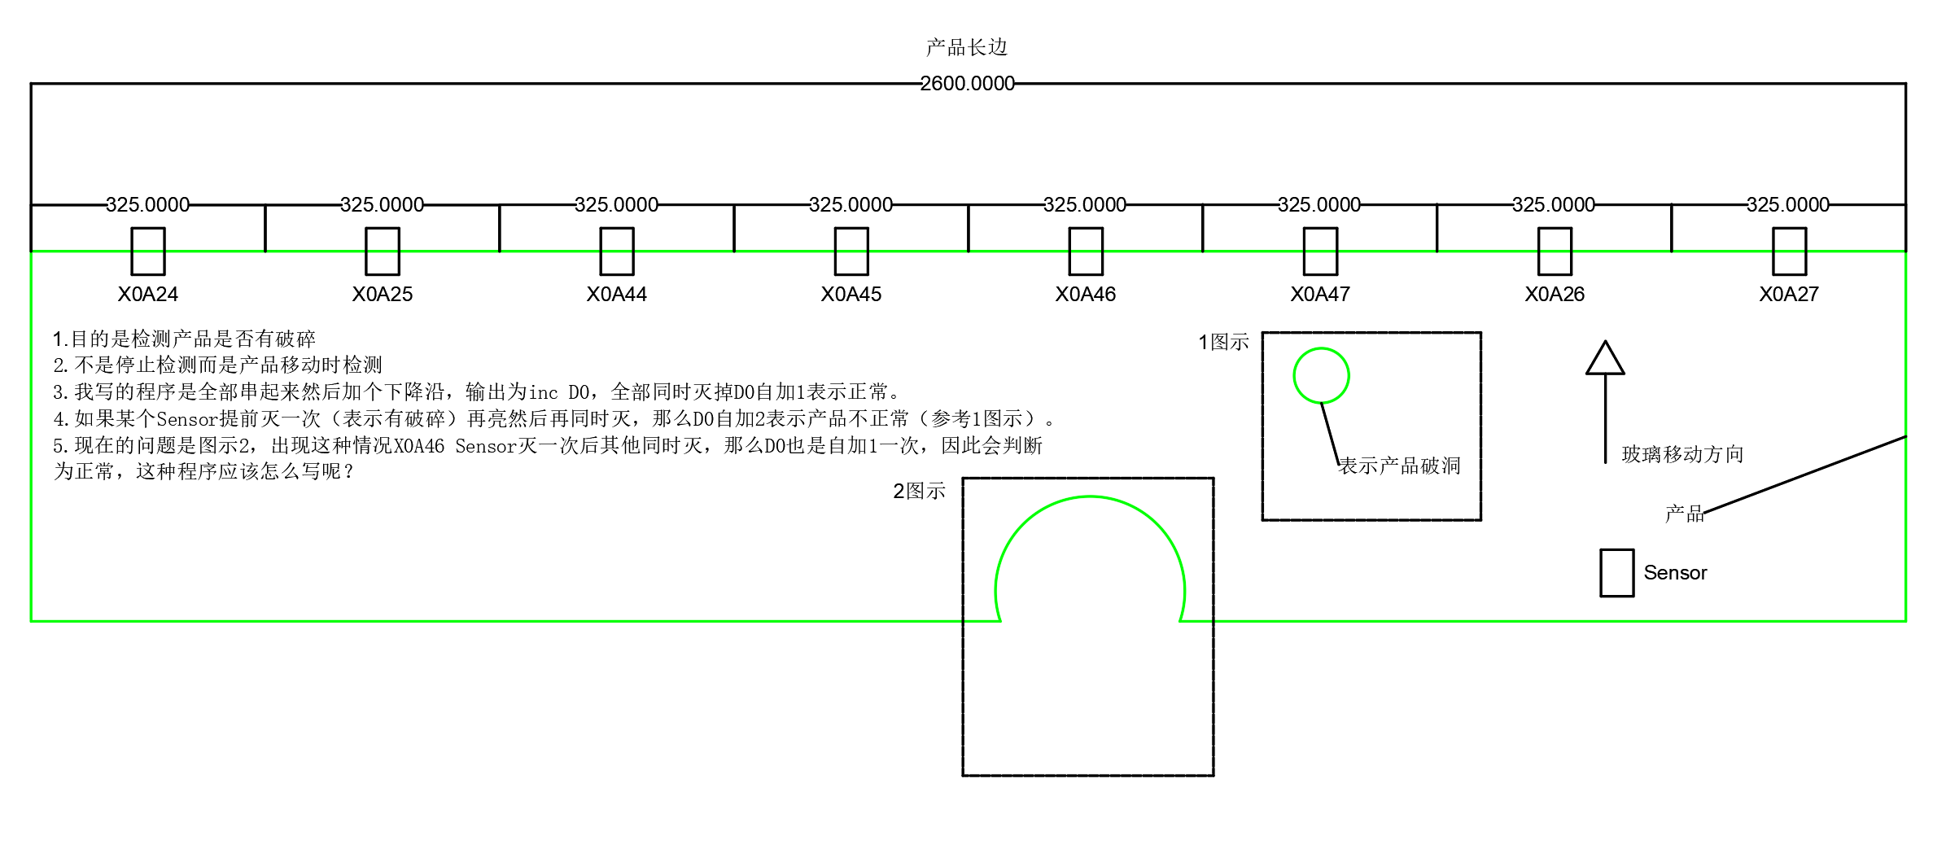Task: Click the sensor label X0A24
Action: point(147,295)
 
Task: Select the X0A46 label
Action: point(1085,295)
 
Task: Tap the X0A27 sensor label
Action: point(1788,295)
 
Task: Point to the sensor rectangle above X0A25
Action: point(382,251)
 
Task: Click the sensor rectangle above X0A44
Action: point(616,251)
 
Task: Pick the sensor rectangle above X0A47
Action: point(1319,251)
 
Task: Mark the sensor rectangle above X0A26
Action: point(1554,251)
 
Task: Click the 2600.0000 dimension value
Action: point(967,84)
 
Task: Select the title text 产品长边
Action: point(967,48)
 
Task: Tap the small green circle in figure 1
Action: point(1321,375)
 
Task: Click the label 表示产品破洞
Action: point(1400,466)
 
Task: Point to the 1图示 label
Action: point(1223,343)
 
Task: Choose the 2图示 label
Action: point(919,492)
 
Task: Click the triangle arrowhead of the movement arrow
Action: point(1605,360)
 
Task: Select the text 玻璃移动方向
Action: point(1682,454)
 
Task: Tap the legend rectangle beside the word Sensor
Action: point(1616,573)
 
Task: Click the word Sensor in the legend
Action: point(1675,573)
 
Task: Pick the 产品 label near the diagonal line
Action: point(1684,514)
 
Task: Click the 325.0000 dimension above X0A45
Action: point(851,205)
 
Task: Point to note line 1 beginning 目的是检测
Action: point(184,339)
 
